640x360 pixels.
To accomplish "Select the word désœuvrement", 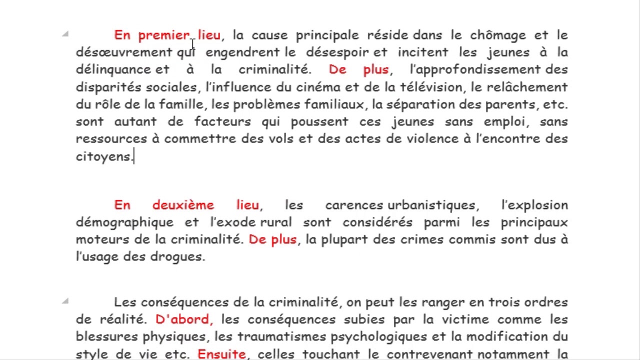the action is (x=124, y=52).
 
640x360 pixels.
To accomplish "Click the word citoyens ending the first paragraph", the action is (x=104, y=156).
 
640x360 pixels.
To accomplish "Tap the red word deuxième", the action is (x=183, y=205).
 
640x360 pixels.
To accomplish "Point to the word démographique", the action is (x=124, y=222).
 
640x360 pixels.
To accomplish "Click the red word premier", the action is (x=164, y=35).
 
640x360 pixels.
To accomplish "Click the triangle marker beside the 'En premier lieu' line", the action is (x=65, y=34).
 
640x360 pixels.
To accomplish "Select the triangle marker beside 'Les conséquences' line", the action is (x=65, y=301).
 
